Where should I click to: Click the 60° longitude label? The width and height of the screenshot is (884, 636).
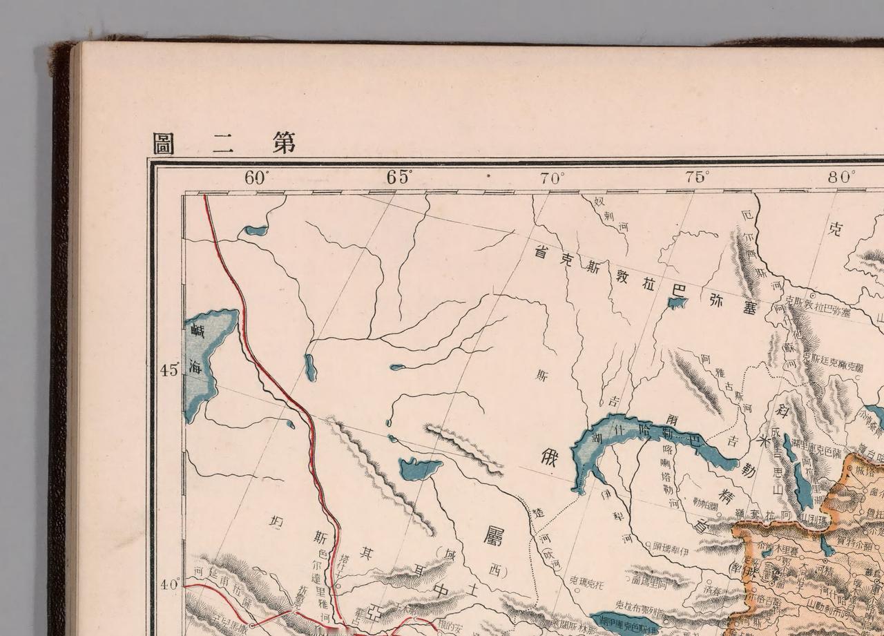coord(255,177)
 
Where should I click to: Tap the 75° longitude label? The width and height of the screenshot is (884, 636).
coord(697,176)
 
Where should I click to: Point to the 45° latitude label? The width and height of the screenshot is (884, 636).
coord(169,370)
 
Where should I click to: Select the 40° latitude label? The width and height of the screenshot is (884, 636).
coord(169,585)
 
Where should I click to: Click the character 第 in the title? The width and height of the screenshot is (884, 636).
coord(282,142)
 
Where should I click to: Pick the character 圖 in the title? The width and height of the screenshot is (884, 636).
coord(164,144)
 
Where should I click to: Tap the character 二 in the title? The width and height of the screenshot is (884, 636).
coord(222,144)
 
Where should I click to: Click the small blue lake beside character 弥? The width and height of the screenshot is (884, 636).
coord(676,303)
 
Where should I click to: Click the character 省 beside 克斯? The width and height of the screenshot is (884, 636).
coord(542,253)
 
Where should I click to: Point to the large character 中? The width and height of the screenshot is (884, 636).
coord(443,591)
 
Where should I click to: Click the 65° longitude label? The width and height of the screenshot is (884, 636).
coord(399,177)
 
